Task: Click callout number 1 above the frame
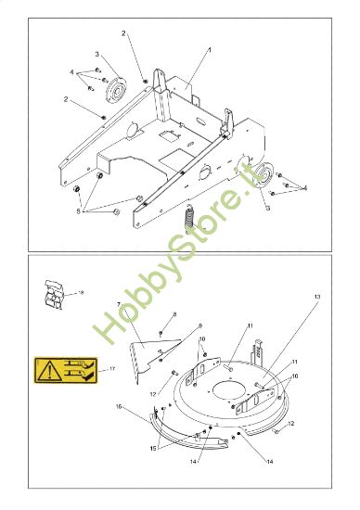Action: tap(210, 48)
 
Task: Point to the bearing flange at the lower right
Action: tap(264, 176)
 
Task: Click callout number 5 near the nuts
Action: tap(79, 211)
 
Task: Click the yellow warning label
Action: tap(62, 370)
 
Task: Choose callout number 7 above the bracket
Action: tap(120, 305)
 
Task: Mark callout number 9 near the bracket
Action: tap(199, 325)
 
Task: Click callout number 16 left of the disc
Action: tap(120, 405)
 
